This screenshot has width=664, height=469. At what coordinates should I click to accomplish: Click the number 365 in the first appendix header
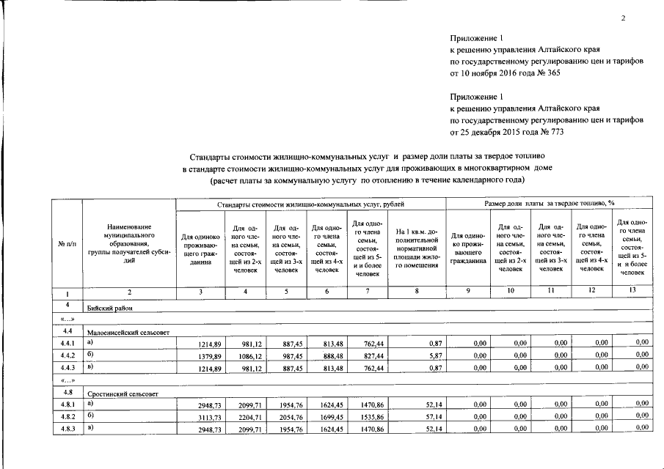click(x=550, y=73)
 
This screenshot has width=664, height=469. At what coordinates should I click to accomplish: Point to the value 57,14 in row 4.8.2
click(x=433, y=416)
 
